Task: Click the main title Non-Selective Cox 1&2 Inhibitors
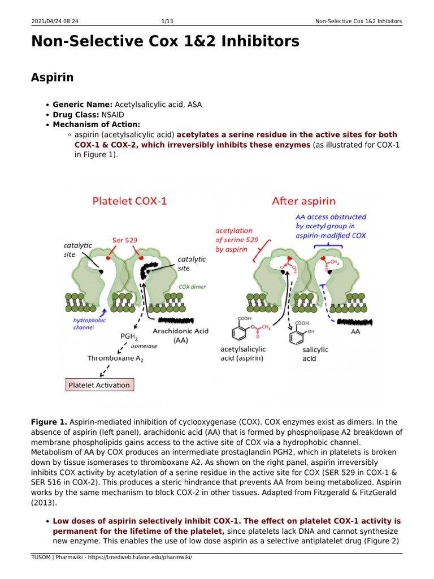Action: tap(165, 42)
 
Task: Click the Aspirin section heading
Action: tap(52, 77)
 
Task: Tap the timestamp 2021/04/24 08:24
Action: tap(54, 21)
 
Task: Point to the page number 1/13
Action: tap(167, 21)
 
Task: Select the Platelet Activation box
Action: tap(99, 385)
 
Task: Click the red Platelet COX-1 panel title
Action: tap(129, 201)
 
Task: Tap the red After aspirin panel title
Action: tap(303, 201)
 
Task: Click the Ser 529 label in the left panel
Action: tap(125, 240)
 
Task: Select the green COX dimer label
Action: tap(192, 287)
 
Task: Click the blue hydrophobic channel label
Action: tap(89, 323)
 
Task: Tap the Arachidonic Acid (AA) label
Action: tap(181, 335)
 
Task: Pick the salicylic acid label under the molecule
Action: tap(315, 354)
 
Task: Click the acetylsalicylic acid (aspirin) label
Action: tap(242, 354)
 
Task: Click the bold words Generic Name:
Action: tap(83, 105)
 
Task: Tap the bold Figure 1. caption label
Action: tap(49, 422)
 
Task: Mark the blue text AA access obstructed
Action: tap(331, 217)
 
